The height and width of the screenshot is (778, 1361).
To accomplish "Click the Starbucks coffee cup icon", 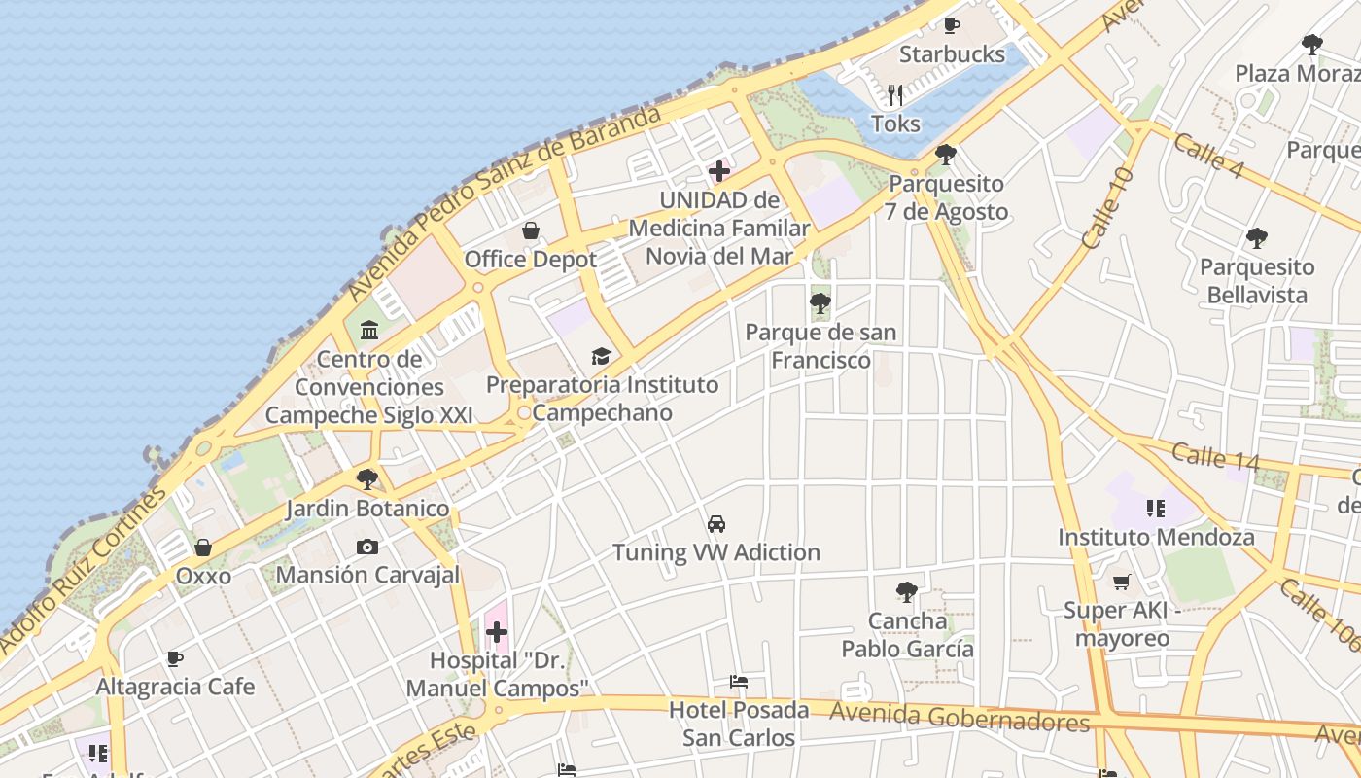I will pyautogui.click(x=951, y=26).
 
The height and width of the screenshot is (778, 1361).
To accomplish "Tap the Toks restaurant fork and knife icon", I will pyautogui.click(x=895, y=95).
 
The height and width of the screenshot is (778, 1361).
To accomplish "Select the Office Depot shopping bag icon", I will pyautogui.click(x=530, y=230).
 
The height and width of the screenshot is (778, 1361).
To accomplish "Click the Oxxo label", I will pyautogui.click(x=203, y=576).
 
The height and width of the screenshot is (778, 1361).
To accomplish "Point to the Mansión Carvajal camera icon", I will pyautogui.click(x=366, y=547).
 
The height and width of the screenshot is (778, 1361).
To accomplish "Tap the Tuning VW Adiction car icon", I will pyautogui.click(x=716, y=524).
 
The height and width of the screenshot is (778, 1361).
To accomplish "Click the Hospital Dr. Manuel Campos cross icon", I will pyautogui.click(x=497, y=633).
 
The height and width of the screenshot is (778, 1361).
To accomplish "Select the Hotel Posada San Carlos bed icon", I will pyautogui.click(x=739, y=682).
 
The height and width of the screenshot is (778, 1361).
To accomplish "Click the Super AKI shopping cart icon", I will pyautogui.click(x=1121, y=582).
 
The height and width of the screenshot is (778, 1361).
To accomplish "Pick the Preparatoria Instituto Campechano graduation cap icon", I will pyautogui.click(x=601, y=356).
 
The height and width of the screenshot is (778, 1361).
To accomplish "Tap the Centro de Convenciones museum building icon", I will pyautogui.click(x=369, y=331).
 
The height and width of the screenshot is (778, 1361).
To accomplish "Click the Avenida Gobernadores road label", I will pyautogui.click(x=959, y=718).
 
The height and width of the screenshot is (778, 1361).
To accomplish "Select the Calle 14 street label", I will pyautogui.click(x=1215, y=455).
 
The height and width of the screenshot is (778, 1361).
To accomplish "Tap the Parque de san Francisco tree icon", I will pyautogui.click(x=820, y=303).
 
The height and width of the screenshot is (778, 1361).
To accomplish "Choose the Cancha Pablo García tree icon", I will pyautogui.click(x=907, y=591).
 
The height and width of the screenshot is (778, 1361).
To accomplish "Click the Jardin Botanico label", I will pyautogui.click(x=367, y=509).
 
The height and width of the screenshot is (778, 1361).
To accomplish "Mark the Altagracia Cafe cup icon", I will pyautogui.click(x=175, y=658).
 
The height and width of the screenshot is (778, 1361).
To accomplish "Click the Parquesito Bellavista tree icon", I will pyautogui.click(x=1256, y=238).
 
